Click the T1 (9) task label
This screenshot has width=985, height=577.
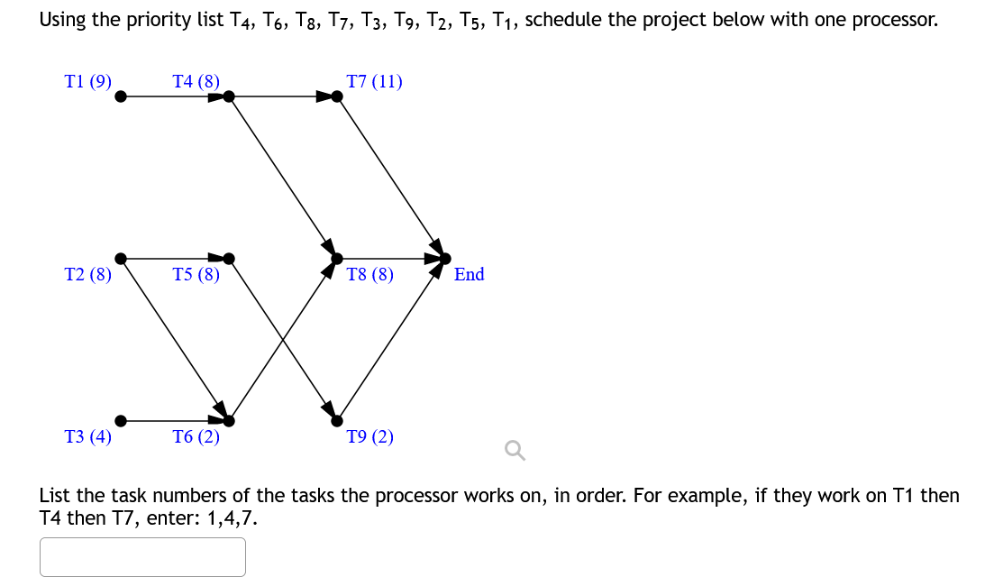pyautogui.click(x=88, y=82)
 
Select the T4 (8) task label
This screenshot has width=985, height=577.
pyautogui.click(x=196, y=82)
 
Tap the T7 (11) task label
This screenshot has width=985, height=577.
pyautogui.click(x=374, y=82)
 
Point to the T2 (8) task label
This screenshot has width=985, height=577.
pyautogui.click(x=88, y=274)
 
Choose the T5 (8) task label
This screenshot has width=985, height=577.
pyautogui.click(x=196, y=274)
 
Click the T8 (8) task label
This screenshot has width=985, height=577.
pyautogui.click(x=370, y=274)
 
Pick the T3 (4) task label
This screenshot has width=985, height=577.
pyautogui.click(x=88, y=437)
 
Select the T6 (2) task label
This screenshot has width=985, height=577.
pyautogui.click(x=196, y=437)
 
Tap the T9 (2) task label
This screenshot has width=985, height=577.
pyautogui.click(x=370, y=437)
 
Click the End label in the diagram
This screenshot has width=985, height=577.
pyautogui.click(x=469, y=274)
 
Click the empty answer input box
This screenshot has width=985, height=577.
pyautogui.click(x=142, y=556)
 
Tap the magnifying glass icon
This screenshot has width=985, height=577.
pyautogui.click(x=515, y=449)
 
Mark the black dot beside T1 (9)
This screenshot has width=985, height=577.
pyautogui.click(x=121, y=96)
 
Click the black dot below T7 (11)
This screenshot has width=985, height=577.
pyautogui.click(x=337, y=96)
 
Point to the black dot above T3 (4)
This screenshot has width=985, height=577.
pyautogui.click(x=121, y=420)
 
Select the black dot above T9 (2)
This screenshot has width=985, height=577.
pyautogui.click(x=337, y=420)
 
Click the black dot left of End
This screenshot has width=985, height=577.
pyautogui.click(x=444, y=258)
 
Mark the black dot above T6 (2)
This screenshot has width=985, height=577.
pyautogui.click(x=229, y=420)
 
